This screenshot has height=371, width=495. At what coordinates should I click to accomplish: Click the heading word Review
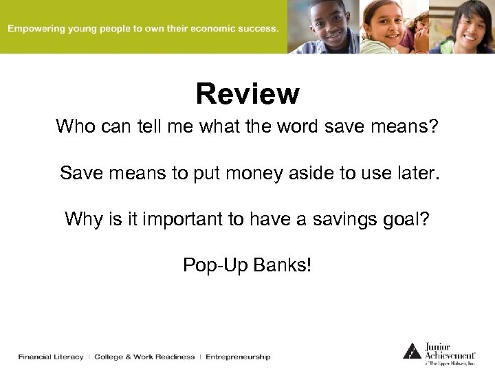pyautogui.click(x=247, y=94)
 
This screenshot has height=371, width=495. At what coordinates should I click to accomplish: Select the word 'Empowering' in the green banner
pyautogui.click(x=35, y=29)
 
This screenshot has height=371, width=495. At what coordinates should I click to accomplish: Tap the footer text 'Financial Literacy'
pyautogui.click(x=51, y=357)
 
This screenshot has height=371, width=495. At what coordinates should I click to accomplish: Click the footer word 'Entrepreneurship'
pyautogui.click(x=238, y=357)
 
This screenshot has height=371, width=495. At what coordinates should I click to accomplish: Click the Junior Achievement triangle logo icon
pyautogui.click(x=412, y=350)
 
